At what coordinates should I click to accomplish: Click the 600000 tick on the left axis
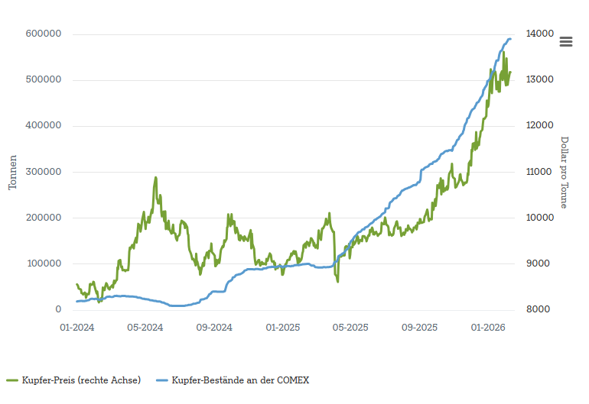(44, 34)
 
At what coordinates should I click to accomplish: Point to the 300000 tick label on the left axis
(44, 172)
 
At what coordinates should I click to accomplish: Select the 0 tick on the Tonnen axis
(58, 309)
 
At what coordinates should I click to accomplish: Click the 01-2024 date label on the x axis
(77, 328)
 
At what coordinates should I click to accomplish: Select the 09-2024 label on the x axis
(214, 328)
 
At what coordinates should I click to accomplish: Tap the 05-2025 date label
(350, 328)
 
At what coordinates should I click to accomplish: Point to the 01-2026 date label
(488, 328)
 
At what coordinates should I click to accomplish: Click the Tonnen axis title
(12, 172)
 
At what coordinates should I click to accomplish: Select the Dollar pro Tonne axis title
(565, 172)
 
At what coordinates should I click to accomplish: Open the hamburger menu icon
(566, 42)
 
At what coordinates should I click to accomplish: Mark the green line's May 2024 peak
(156, 177)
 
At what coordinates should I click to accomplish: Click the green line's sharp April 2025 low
(337, 282)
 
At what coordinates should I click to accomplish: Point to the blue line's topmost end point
(510, 39)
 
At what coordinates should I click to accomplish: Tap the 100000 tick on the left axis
(44, 263)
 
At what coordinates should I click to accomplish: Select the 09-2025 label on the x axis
(419, 328)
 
